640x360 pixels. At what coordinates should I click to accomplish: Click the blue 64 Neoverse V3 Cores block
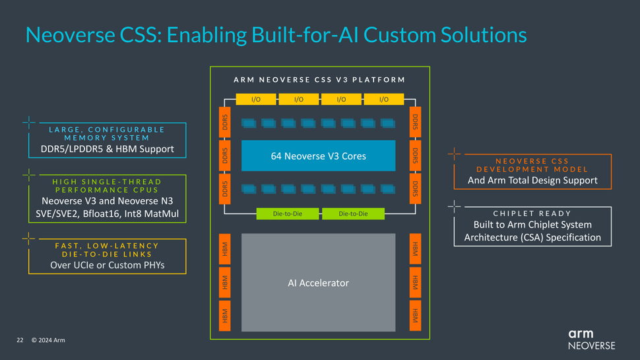pos(318,156)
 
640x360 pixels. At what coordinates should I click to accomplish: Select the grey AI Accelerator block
pos(318,282)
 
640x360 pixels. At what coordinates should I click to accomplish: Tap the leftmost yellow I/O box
pos(255,100)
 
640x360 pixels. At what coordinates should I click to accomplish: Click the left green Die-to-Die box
pos(288,214)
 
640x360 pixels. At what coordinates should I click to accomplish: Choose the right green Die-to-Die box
pos(353,214)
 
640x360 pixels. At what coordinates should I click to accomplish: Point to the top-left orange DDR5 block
pos(224,122)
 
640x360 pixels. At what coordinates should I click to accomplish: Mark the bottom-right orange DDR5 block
pos(415,189)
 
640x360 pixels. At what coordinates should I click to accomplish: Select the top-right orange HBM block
pos(415,249)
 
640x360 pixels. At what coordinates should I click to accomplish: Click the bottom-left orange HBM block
pos(224,316)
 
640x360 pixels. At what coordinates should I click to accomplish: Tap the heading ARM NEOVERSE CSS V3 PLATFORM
pos(319,80)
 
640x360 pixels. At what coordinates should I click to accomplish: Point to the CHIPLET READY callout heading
pos(532,214)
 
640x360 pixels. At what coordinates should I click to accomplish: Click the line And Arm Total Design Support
pos(532,180)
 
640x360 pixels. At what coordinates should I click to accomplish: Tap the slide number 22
pos(20,340)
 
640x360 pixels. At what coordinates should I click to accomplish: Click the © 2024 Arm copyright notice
pos(48,340)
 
